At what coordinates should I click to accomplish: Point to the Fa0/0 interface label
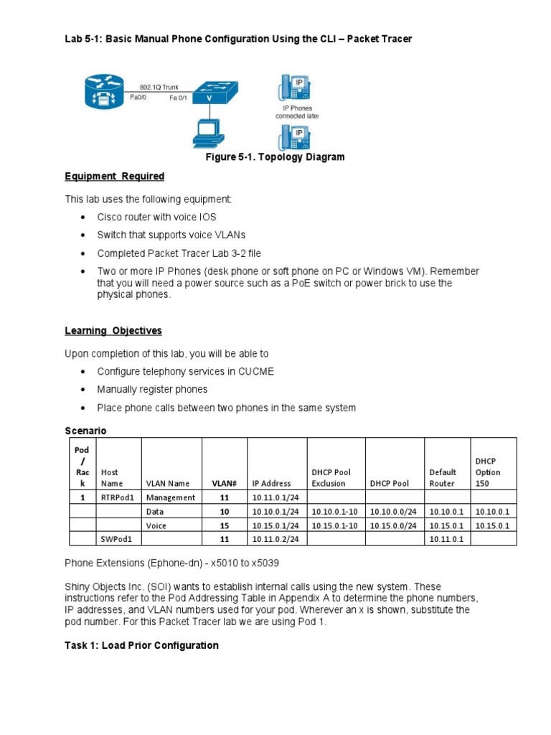[139, 98]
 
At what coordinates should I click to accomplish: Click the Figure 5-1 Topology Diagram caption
[275, 157]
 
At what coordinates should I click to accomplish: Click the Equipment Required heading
[115, 177]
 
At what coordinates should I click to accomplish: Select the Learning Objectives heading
[113, 331]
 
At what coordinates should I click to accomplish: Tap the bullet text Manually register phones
[152, 389]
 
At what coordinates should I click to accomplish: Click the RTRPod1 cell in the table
[118, 497]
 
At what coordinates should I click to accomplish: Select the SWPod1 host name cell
[118, 538]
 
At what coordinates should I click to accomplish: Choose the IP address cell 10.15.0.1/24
[275, 525]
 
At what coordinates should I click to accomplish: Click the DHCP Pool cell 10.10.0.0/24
[394, 511]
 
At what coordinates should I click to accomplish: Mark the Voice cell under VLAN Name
[156, 525]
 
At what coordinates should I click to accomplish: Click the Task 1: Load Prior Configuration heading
[141, 645]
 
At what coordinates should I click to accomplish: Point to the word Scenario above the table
[85, 431]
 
